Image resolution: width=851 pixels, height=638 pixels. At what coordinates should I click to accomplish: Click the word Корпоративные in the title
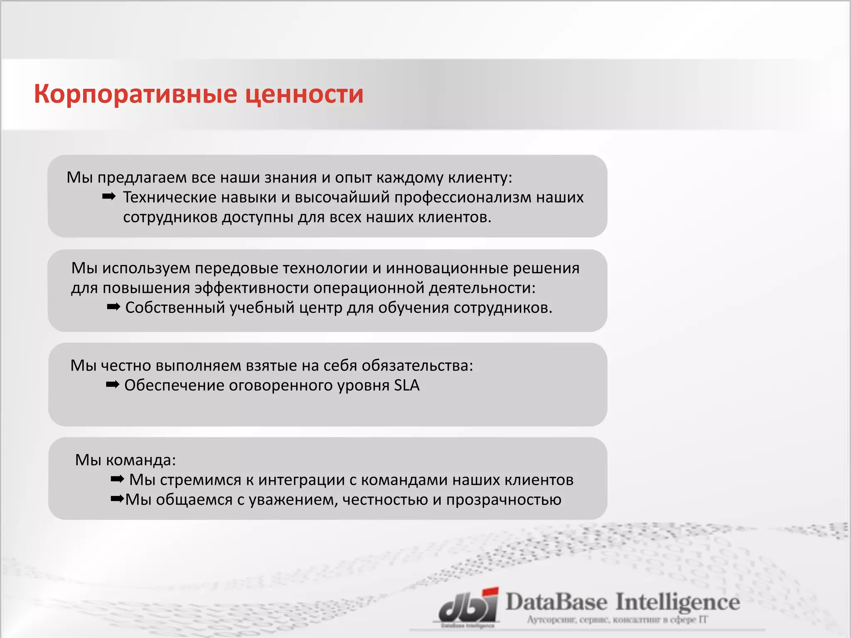pyautogui.click(x=135, y=94)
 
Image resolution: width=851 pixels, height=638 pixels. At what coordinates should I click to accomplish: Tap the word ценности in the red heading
pyautogui.click(x=304, y=94)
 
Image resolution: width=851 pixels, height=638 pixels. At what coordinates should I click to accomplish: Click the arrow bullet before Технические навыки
pyautogui.click(x=109, y=196)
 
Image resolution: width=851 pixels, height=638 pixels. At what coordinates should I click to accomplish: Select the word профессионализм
pyautogui.click(x=462, y=197)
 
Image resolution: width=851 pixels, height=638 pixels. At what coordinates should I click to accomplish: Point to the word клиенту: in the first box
pyautogui.click(x=480, y=178)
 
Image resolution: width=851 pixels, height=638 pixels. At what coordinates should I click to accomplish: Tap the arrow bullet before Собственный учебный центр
pyautogui.click(x=113, y=307)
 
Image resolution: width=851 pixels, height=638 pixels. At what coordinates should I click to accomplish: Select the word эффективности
pyautogui.click(x=251, y=288)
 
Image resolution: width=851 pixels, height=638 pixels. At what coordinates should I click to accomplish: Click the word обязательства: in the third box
pyautogui.click(x=417, y=366)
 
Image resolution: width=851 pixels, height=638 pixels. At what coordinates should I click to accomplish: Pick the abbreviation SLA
pyautogui.click(x=406, y=385)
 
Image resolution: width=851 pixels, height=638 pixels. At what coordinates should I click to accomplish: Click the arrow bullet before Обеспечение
pyautogui.click(x=113, y=385)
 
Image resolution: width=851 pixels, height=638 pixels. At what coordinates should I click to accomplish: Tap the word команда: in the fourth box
pyautogui.click(x=141, y=460)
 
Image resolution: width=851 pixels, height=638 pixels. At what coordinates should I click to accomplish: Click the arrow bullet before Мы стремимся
pyautogui.click(x=117, y=479)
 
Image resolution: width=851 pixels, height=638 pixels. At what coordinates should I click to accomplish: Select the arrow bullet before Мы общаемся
pyautogui.click(x=117, y=498)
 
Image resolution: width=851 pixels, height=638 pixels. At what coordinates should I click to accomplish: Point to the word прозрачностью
pyautogui.click(x=504, y=500)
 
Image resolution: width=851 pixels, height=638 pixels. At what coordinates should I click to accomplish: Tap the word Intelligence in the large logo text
pyautogui.click(x=677, y=602)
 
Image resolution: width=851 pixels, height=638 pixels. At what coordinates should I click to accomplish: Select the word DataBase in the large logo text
pyautogui.click(x=556, y=602)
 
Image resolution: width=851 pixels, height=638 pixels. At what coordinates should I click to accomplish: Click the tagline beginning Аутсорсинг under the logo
pyautogui.click(x=617, y=620)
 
